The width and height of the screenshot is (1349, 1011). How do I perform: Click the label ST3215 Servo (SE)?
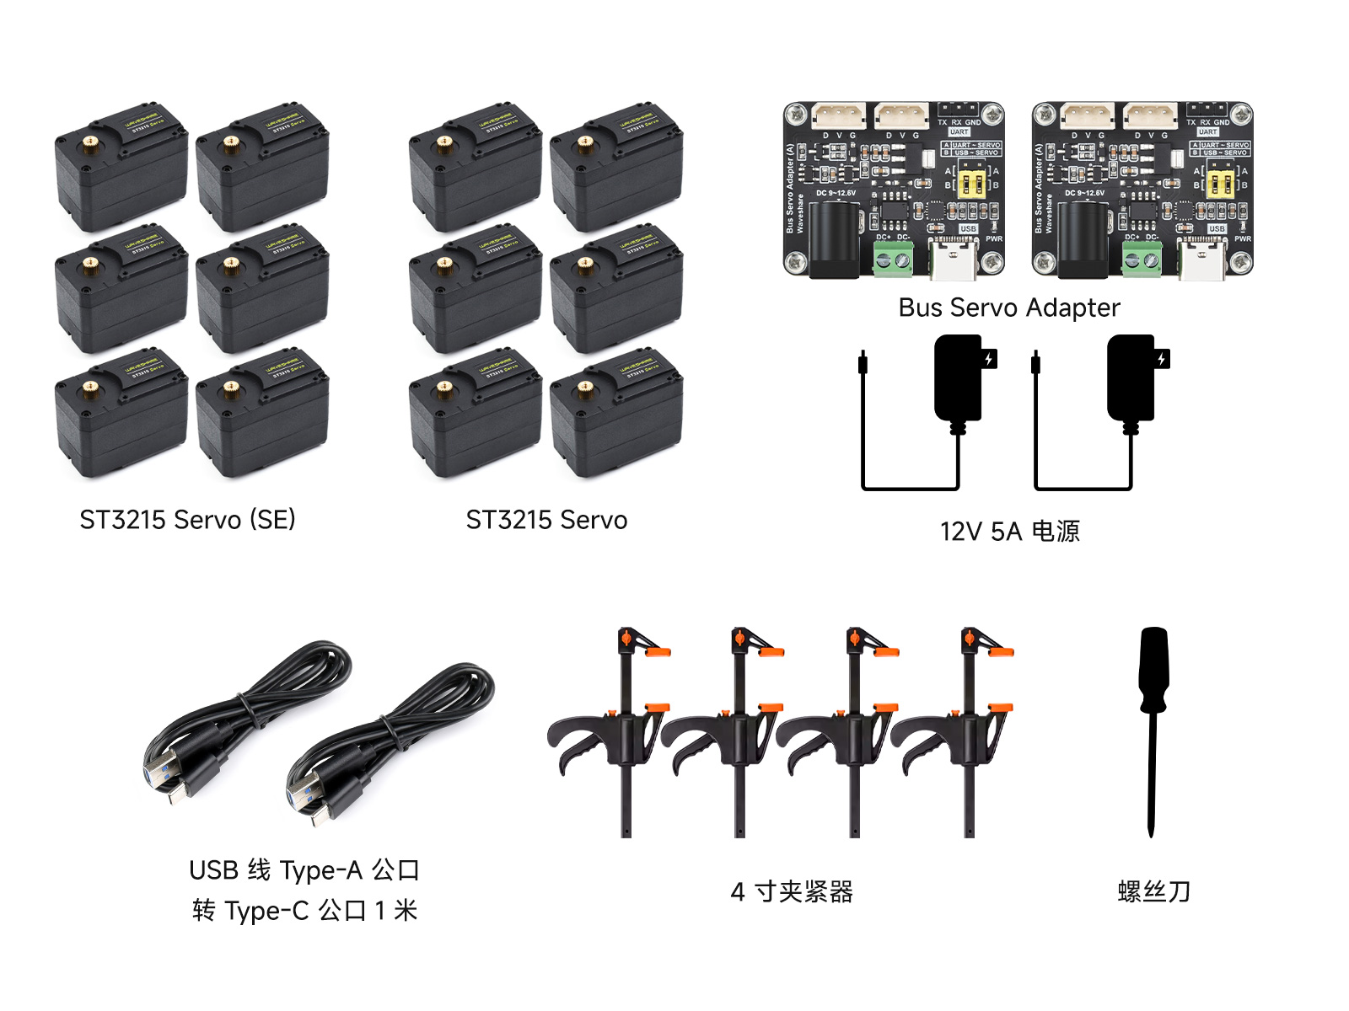coord(187,520)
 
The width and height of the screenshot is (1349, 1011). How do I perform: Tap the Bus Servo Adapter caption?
coord(1009,308)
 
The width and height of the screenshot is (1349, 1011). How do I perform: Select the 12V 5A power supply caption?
coord(1009,532)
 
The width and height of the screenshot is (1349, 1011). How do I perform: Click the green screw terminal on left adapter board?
coord(893,260)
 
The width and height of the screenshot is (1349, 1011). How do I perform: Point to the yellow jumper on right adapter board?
coord(1220,184)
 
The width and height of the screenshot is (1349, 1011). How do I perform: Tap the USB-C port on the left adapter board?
coord(954,260)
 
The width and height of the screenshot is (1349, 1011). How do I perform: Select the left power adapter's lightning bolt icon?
coord(989,359)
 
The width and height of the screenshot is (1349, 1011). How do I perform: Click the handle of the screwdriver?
coord(1153,669)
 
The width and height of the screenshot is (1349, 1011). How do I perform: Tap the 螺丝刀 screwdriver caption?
coord(1153,891)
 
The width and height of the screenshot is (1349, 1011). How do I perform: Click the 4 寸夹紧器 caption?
coord(792,891)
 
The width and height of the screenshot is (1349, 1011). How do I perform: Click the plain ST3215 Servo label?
coord(546,520)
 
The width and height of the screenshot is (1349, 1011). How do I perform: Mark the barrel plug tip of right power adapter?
coord(1035,363)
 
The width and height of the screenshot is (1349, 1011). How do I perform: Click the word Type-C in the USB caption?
coord(266,912)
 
